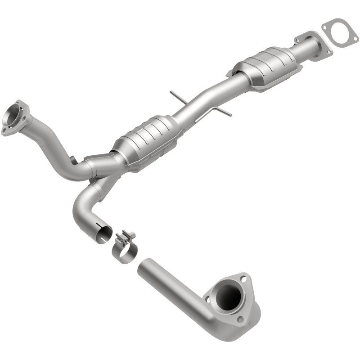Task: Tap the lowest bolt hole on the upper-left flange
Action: click(5, 131)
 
